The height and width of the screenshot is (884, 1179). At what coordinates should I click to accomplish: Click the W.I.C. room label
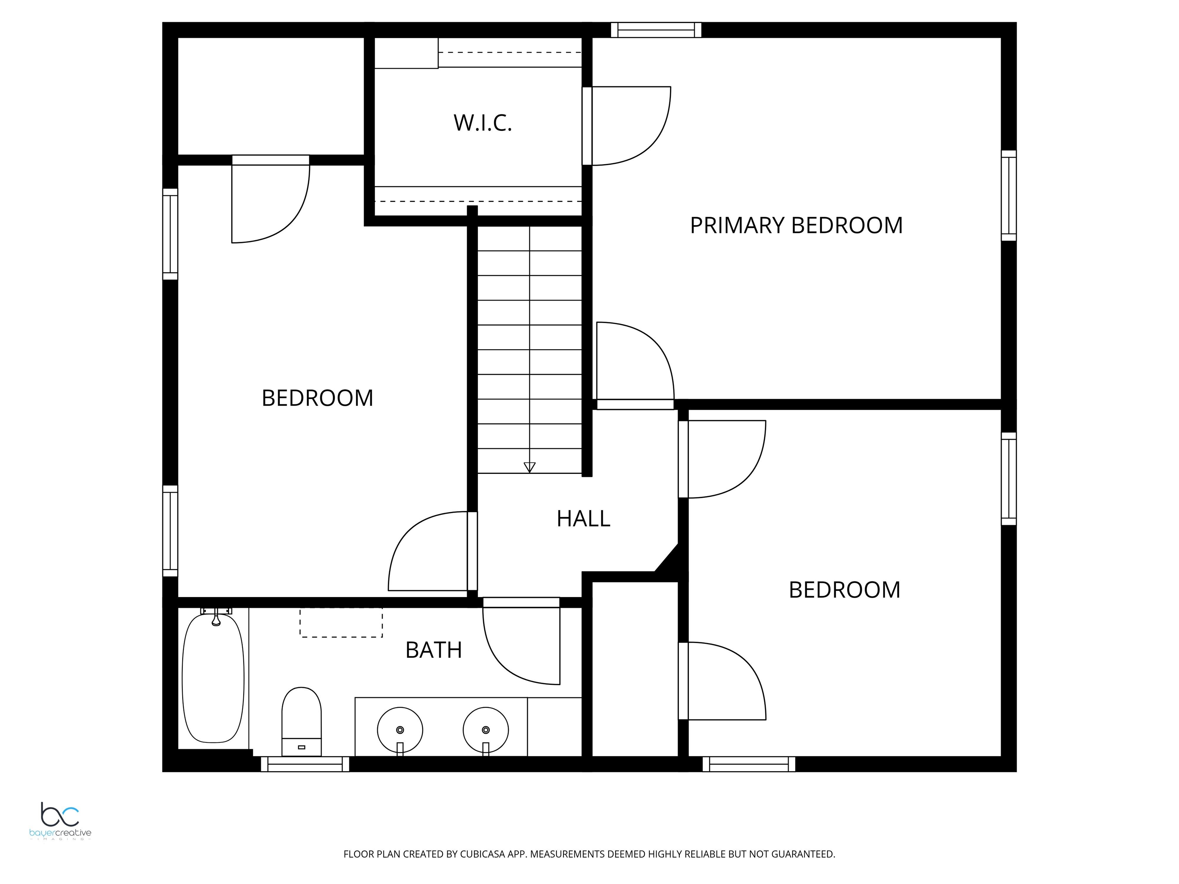tap(483, 123)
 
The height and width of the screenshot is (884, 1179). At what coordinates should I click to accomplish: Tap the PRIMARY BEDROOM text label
tap(796, 225)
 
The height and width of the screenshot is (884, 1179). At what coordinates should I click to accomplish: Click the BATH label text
tap(433, 650)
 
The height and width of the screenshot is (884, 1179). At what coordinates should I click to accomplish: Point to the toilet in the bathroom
tap(301, 721)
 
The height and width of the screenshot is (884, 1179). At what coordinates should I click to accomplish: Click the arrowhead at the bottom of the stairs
tap(529, 467)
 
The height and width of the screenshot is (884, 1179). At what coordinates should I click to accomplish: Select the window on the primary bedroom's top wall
tap(656, 30)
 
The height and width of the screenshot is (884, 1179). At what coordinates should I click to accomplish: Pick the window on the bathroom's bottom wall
tap(305, 764)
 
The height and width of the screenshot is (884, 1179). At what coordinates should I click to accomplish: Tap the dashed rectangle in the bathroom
tap(341, 622)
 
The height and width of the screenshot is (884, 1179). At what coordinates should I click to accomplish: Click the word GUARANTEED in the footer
tap(803, 854)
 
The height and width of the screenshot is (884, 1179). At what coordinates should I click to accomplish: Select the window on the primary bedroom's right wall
tap(1009, 196)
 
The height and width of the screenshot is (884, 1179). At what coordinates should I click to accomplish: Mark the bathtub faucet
tap(216, 617)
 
